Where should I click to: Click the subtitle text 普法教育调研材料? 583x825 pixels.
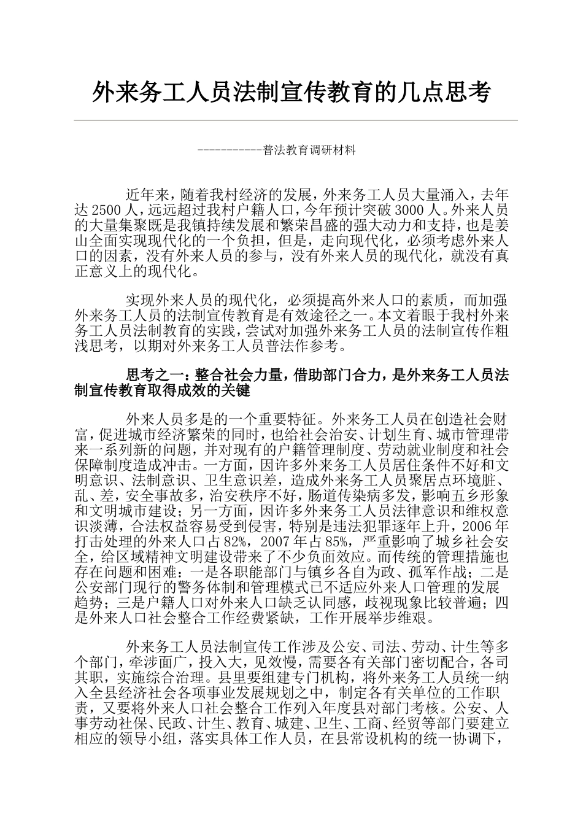coord(309,150)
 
